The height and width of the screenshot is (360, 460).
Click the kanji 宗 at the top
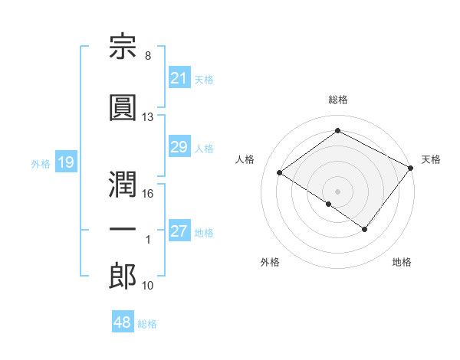(x=123, y=46)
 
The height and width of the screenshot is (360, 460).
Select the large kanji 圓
(x=123, y=107)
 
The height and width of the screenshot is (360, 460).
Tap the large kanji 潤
(x=123, y=184)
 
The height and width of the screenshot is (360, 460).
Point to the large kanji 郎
(x=123, y=276)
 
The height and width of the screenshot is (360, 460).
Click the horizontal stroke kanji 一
(x=123, y=229)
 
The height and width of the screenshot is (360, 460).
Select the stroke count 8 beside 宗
(x=148, y=56)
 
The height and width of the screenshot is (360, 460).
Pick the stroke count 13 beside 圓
(x=147, y=117)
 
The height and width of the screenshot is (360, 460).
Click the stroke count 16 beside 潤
(x=147, y=194)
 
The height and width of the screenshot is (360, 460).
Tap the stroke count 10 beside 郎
(x=147, y=286)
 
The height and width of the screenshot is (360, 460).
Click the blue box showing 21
(x=179, y=77)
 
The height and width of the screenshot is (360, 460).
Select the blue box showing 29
(x=179, y=146)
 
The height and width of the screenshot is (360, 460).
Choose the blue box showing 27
(x=179, y=230)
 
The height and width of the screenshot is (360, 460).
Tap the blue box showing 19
(x=66, y=162)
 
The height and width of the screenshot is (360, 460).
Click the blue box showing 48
(x=123, y=321)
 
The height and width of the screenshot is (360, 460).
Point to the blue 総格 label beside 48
(x=147, y=324)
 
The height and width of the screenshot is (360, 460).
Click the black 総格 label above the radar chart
(x=338, y=100)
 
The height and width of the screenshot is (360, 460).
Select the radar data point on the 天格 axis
(x=410, y=168)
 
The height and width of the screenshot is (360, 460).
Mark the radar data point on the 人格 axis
(x=280, y=172)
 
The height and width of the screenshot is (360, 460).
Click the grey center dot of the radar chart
(x=337, y=191)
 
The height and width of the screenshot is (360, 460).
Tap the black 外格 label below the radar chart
(x=270, y=262)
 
